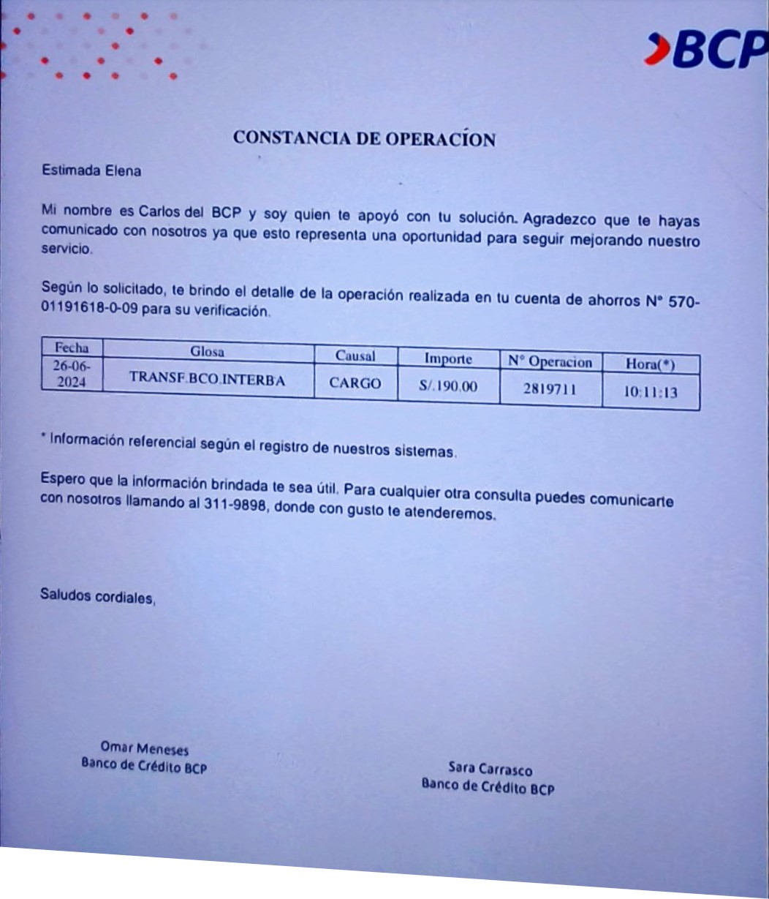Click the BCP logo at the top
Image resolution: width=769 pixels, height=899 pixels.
[x=706, y=50]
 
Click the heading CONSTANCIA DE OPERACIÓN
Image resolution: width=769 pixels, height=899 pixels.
[x=364, y=138]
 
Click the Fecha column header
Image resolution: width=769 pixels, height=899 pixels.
[x=71, y=347]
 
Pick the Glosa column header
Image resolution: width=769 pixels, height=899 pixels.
[x=207, y=351]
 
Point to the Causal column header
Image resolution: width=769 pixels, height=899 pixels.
[x=355, y=356]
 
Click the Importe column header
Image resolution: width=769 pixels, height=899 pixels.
[x=448, y=359]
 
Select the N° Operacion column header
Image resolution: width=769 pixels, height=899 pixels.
[x=550, y=362]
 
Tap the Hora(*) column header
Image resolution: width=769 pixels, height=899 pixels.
[x=650, y=364]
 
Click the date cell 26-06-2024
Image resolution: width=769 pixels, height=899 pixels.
[x=71, y=373]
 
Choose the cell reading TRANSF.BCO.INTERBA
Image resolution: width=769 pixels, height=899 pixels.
[x=207, y=379]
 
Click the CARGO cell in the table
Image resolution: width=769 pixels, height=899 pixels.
[x=355, y=383]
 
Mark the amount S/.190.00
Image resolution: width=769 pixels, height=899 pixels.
[x=448, y=386]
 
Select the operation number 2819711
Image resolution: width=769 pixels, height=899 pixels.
[x=550, y=389]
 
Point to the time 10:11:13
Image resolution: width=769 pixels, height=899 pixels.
[x=650, y=392]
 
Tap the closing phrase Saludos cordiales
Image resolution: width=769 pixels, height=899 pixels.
[x=98, y=596]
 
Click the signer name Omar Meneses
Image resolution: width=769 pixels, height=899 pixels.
[x=144, y=749]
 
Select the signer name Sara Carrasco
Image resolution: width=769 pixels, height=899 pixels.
[x=490, y=769]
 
